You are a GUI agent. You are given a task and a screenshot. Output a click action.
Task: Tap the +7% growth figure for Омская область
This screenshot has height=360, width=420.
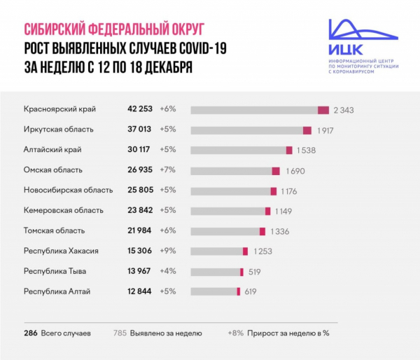click(x=169, y=170)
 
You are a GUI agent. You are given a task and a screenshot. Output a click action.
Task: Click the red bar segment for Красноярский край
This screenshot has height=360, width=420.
click(x=323, y=110)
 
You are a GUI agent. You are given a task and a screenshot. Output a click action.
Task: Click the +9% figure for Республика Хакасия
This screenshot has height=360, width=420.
click(x=169, y=251)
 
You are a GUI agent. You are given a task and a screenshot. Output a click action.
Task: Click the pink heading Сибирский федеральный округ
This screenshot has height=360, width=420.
click(x=113, y=30)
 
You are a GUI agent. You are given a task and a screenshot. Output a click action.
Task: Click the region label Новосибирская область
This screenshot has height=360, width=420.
click(x=68, y=190)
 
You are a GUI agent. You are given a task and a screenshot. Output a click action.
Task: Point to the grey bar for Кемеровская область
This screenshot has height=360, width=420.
click(x=227, y=210)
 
